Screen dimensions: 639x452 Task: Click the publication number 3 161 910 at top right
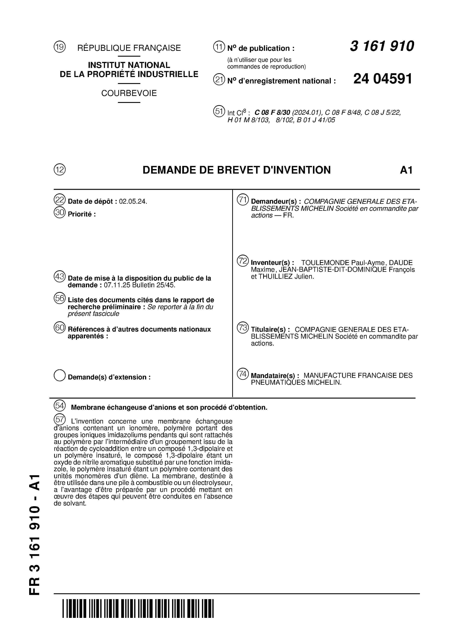[x=382, y=46]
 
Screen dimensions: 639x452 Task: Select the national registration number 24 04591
[x=383, y=79]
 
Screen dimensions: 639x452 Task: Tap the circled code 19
[x=60, y=47]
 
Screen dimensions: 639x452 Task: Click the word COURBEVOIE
[x=129, y=93]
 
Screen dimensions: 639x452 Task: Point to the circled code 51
[x=219, y=111]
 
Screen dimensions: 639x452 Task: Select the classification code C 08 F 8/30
[x=272, y=113]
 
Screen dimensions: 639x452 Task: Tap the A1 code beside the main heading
[x=406, y=170]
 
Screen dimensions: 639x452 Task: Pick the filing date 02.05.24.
[x=133, y=201]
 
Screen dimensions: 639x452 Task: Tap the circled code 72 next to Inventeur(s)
[x=243, y=261]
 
